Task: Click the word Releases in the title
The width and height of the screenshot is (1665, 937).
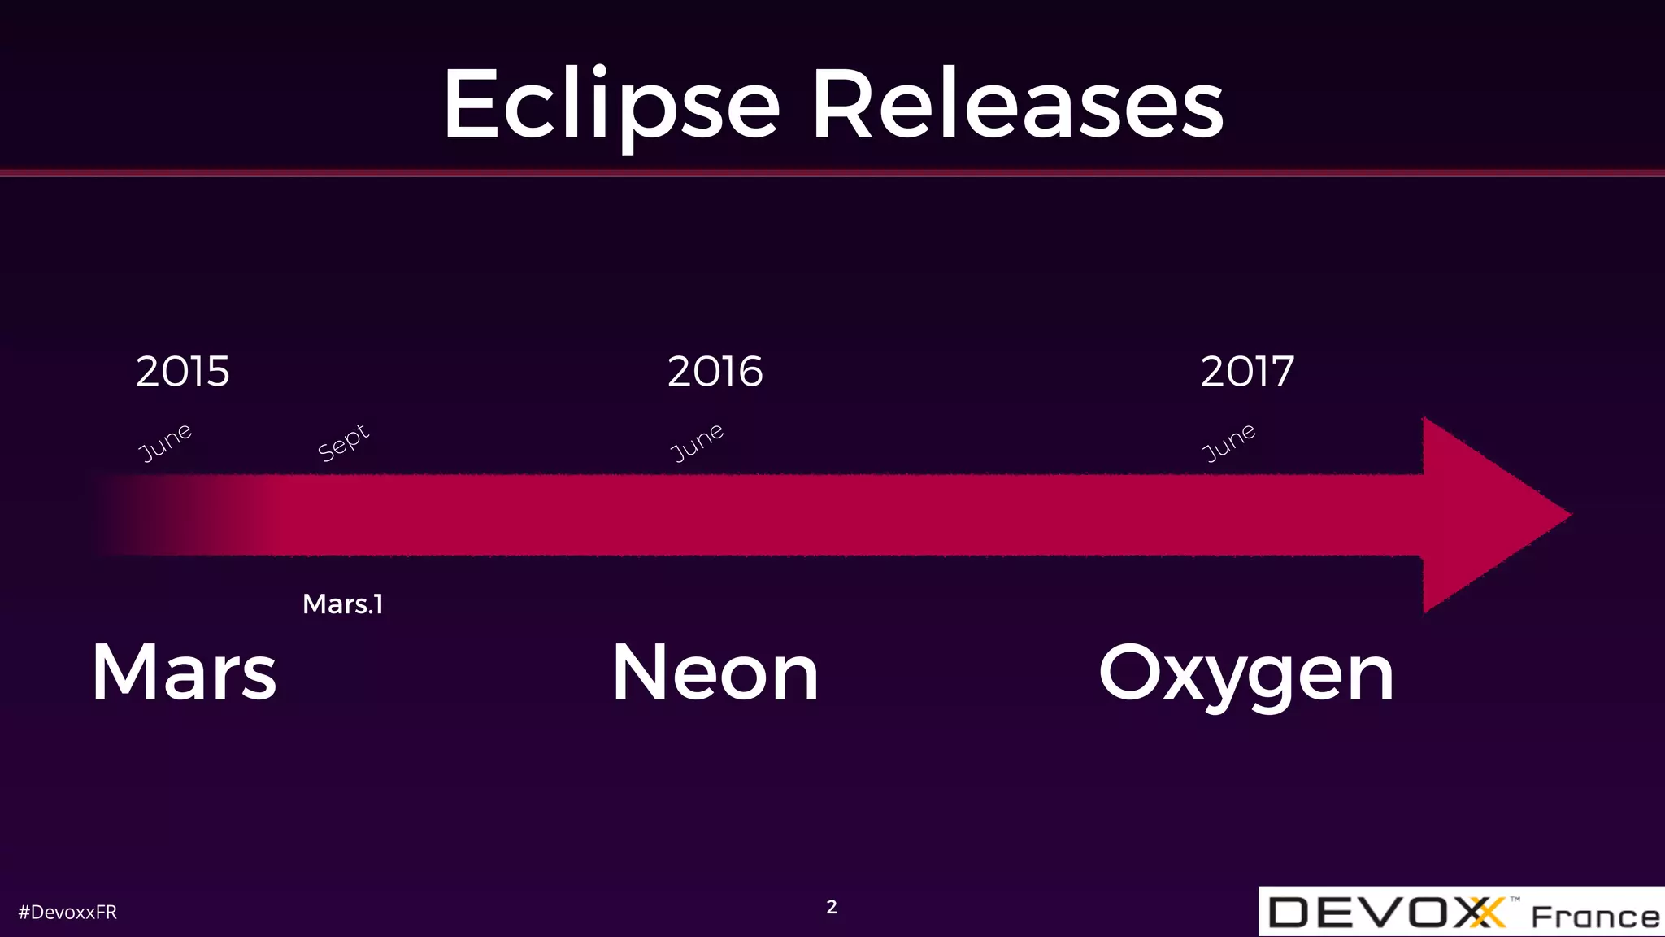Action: (1018, 106)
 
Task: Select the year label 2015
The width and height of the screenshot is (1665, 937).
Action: (183, 372)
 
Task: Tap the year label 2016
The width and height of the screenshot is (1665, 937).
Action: (715, 372)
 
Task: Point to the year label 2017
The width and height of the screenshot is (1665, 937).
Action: (1247, 372)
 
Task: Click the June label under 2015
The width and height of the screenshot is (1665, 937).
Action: (165, 442)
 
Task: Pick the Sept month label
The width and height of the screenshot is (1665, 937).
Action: (343, 442)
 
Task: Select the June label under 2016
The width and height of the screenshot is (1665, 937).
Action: (697, 442)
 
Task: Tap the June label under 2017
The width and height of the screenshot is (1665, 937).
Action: (1228, 442)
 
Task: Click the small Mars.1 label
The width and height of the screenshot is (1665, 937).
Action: (342, 604)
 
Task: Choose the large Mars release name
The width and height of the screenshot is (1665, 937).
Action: (185, 673)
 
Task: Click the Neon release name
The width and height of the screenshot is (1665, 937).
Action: (715, 673)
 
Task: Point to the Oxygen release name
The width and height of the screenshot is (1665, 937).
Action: (1245, 675)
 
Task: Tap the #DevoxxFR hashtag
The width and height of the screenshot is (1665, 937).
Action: (67, 913)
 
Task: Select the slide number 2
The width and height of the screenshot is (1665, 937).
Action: (832, 907)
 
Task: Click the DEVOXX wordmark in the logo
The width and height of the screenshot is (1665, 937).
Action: (1382, 913)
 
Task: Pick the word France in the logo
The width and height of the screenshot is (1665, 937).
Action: (1595, 917)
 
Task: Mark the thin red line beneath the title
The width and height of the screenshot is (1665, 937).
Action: (832, 172)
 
